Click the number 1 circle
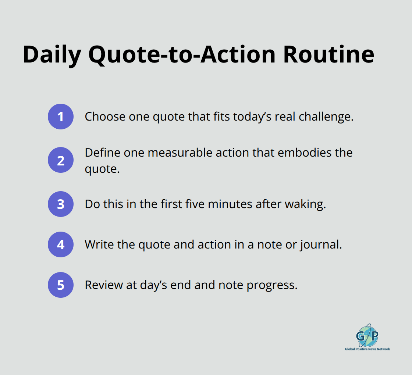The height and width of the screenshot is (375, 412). [x=61, y=117]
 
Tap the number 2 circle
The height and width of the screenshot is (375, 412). [x=61, y=160]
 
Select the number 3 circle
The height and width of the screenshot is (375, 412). [x=61, y=204]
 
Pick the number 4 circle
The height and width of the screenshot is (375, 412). [x=61, y=244]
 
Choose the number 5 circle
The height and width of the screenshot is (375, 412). [x=61, y=285]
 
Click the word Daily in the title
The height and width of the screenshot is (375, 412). [x=52, y=54]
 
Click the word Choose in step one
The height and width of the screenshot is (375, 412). [x=105, y=117]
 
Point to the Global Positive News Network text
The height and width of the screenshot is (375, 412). [x=367, y=349]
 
